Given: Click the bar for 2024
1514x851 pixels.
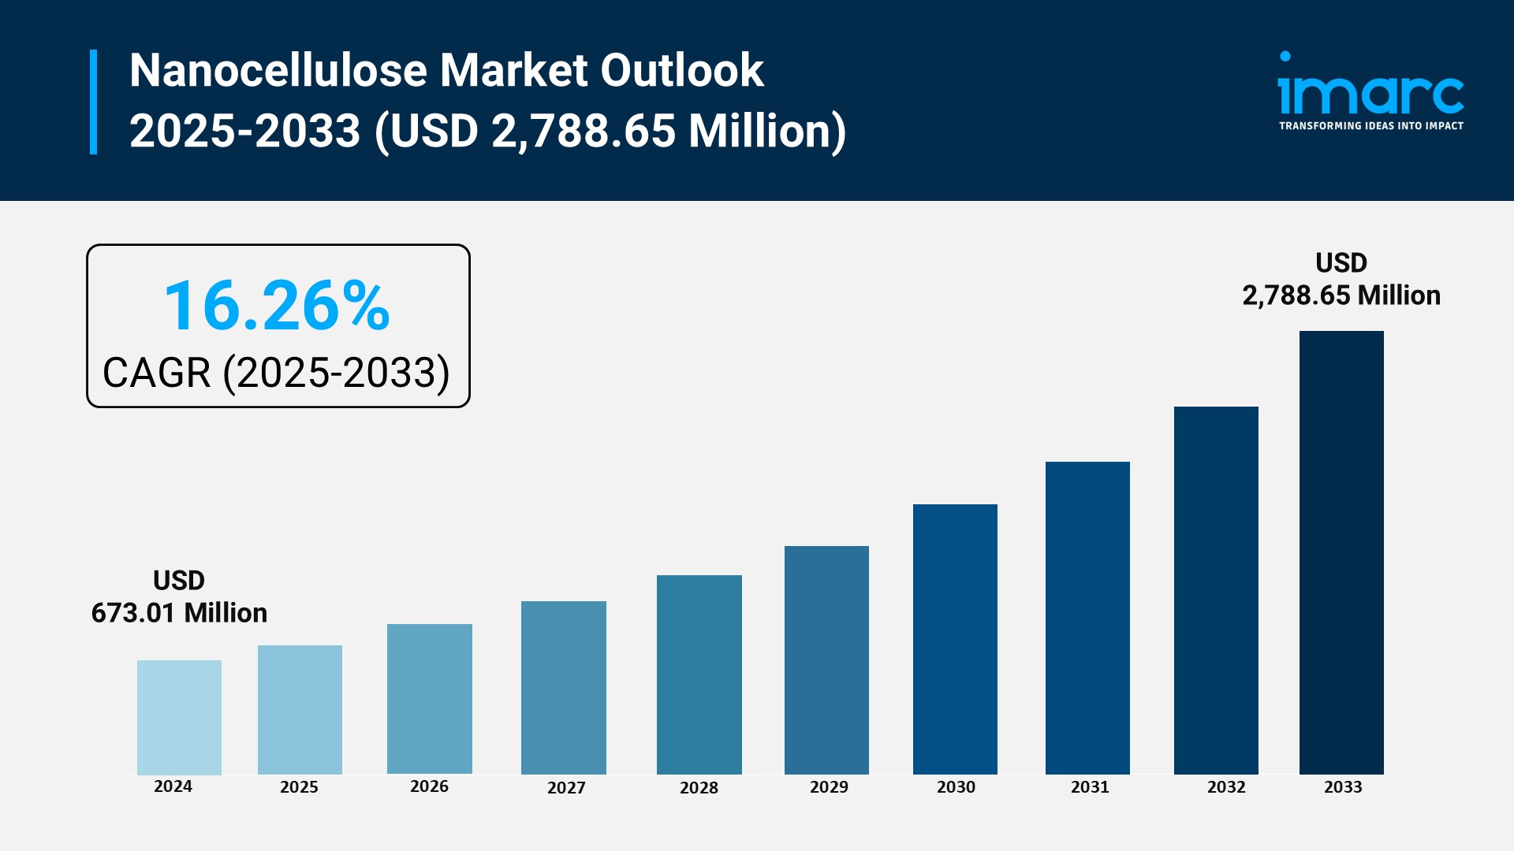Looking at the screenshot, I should tap(179, 717).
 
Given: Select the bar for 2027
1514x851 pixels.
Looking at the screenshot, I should tap(563, 687).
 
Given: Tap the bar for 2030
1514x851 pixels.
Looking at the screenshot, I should tap(955, 638).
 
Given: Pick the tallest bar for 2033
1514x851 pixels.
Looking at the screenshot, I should tap(1341, 552).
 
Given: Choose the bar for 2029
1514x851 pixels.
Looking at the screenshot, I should tap(826, 660).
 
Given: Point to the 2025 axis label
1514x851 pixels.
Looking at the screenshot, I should tap(299, 787).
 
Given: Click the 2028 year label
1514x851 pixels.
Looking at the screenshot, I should tap(699, 788).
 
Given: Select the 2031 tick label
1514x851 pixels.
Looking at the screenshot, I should tap(1090, 787).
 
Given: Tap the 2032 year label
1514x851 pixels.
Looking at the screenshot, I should tap(1226, 787).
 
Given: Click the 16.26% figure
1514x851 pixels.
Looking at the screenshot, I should tap(277, 306).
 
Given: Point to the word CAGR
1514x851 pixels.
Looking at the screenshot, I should tap(157, 373).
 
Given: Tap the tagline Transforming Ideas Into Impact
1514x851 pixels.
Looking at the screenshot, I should tap(1370, 126).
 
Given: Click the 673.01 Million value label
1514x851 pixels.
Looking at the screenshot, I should tap(179, 613).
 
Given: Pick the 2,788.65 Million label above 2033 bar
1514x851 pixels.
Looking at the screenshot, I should tap(1341, 295).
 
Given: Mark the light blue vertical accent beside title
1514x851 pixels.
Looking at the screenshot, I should tap(94, 102).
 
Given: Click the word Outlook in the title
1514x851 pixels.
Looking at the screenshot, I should tap(682, 71).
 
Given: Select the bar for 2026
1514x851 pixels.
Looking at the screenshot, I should tap(429, 698).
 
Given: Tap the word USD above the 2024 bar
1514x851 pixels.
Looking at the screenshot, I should tap(179, 581).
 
